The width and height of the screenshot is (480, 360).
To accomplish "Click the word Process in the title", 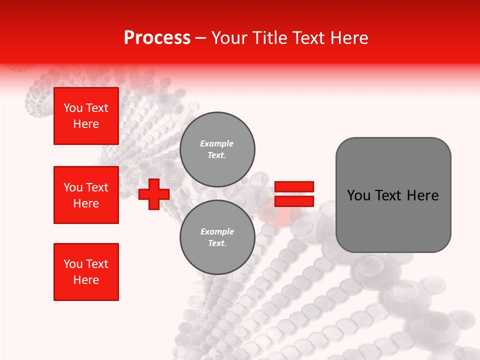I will [157, 38].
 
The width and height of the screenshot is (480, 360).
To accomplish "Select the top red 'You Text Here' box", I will [86, 116].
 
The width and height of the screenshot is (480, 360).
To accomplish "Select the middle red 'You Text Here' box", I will [86, 195].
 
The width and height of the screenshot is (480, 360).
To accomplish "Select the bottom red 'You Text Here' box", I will [86, 272].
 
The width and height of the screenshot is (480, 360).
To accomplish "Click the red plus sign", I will [154, 194].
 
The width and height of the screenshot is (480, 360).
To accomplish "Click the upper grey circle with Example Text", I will [217, 149].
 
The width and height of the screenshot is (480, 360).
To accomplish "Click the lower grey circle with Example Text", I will [217, 237].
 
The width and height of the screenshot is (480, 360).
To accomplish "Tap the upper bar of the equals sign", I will [294, 186].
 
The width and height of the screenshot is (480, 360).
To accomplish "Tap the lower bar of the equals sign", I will [294, 201].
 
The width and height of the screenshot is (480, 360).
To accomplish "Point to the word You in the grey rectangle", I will [358, 195].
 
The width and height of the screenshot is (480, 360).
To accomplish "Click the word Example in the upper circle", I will [217, 143].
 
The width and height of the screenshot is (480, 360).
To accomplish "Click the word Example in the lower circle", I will [217, 231].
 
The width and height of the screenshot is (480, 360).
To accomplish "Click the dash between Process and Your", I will [201, 38].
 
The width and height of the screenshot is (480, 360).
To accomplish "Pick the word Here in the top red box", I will [86, 124].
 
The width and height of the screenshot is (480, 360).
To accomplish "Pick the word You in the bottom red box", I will [73, 264].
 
